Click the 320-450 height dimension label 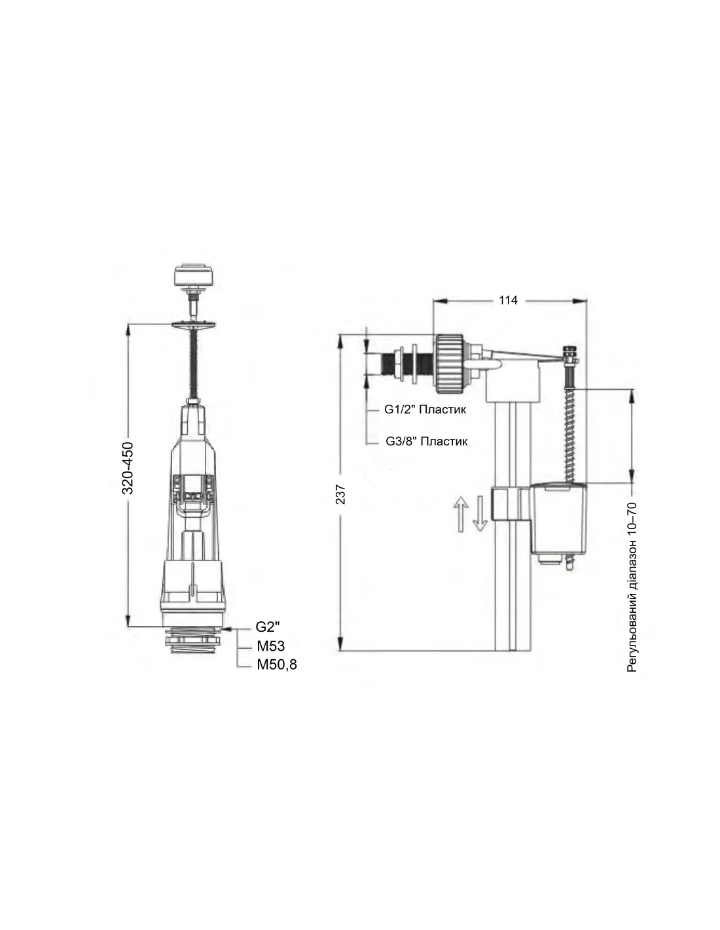(128, 468)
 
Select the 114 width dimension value (508, 300)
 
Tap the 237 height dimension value (341, 494)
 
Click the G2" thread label (267, 627)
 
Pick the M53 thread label (271, 646)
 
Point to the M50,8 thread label (277, 664)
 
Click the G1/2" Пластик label (425, 409)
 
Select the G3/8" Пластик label (427, 441)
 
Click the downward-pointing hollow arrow (480, 513)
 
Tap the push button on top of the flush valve (194, 275)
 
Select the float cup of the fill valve (558, 518)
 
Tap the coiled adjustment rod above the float (571, 428)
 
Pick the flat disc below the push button (194, 325)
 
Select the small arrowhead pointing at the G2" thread (227, 629)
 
